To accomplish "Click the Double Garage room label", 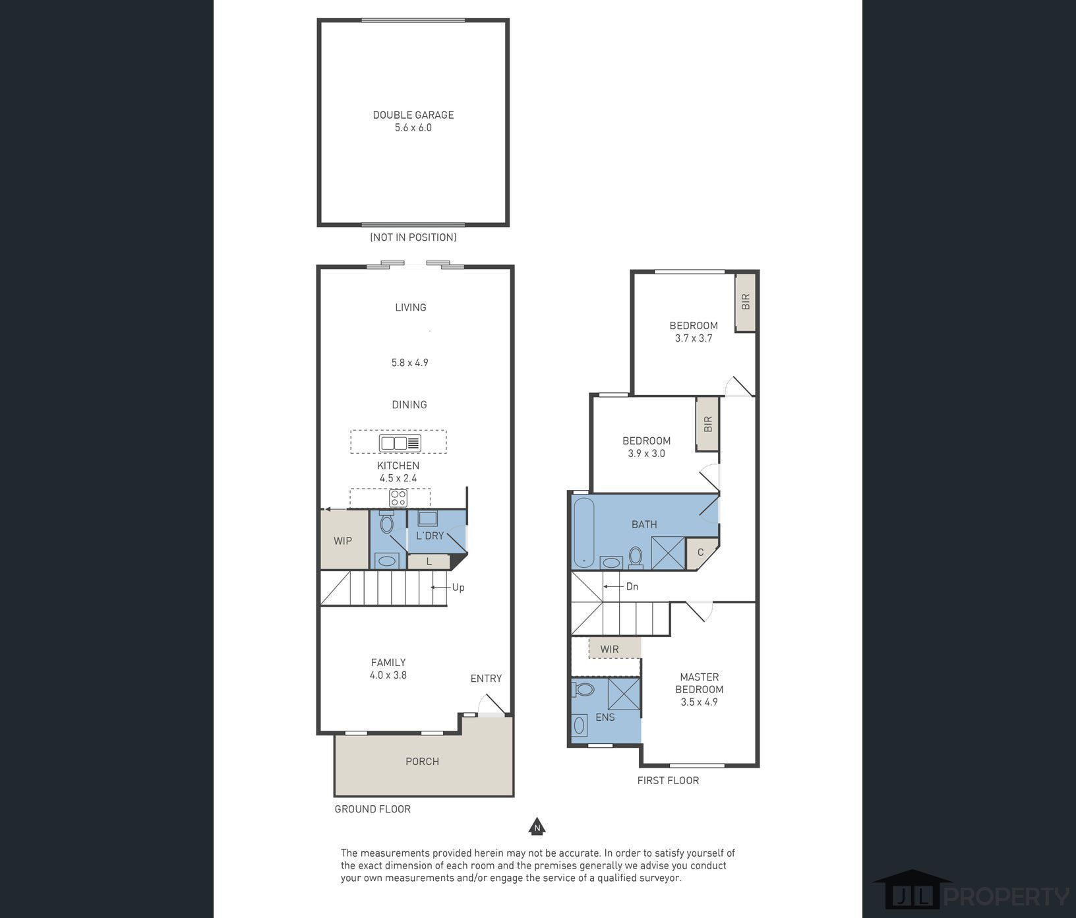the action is coord(413,115).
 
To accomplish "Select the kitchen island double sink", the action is coord(400,443).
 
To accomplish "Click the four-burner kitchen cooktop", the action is coord(398,498).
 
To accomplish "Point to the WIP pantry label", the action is coord(343,541).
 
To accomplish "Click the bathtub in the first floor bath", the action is coord(584,532).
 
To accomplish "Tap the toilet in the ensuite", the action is coord(583,689).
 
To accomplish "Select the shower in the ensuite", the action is coord(624,693).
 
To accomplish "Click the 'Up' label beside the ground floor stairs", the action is coord(458,588).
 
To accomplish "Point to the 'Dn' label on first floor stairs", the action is coord(632,586).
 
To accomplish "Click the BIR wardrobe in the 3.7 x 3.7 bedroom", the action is coord(746,302).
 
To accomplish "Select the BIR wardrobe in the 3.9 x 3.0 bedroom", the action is coord(708,423).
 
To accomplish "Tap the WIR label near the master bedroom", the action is coord(610,649).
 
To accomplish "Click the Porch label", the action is coord(423,761).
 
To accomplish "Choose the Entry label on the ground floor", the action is coord(487,678).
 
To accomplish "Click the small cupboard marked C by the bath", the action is coord(700,553).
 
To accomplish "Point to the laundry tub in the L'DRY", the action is coord(428,518).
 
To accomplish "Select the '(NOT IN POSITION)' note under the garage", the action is coord(413,237).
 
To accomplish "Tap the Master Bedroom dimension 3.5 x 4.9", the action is coord(700,702).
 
